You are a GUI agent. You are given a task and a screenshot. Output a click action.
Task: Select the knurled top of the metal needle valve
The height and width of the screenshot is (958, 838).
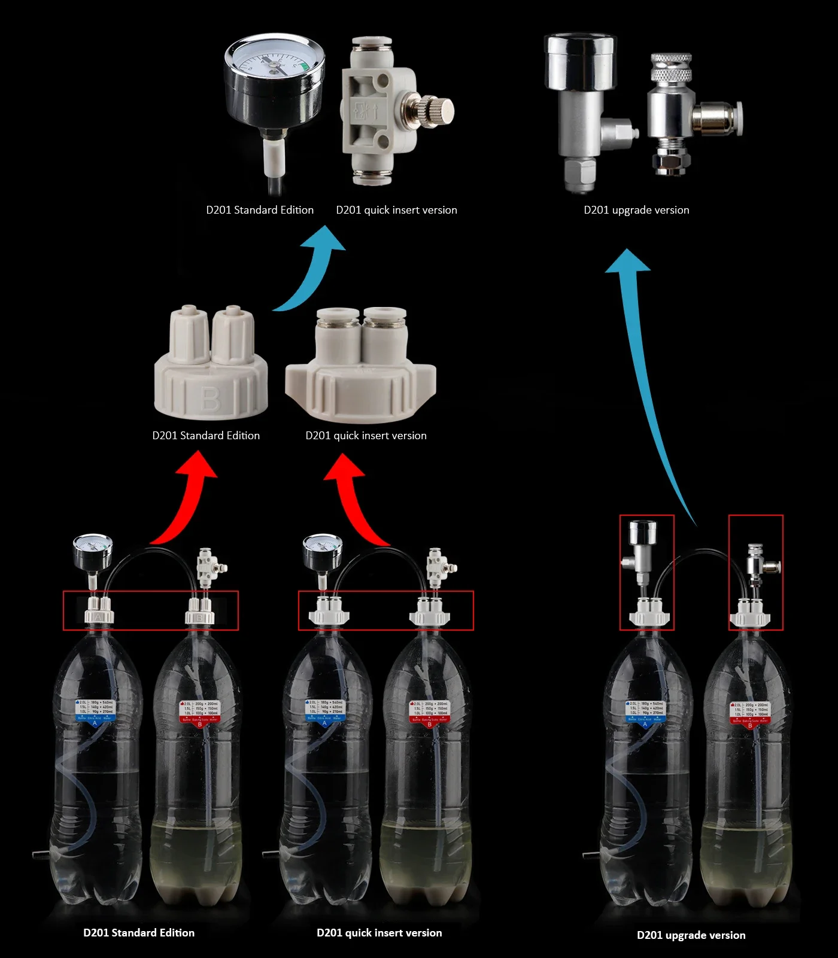[x=671, y=68]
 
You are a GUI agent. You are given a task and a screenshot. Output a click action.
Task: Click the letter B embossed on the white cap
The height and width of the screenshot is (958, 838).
[x=210, y=399]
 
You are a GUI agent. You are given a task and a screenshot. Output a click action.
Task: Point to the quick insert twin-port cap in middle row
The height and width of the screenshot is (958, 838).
[x=361, y=366]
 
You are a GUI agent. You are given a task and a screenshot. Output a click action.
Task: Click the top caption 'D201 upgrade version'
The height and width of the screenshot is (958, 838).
[x=636, y=210]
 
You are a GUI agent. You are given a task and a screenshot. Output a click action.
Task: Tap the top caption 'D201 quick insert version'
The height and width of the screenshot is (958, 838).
[x=396, y=210]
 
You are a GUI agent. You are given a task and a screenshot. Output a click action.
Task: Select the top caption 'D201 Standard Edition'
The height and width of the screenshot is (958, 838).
[x=260, y=210]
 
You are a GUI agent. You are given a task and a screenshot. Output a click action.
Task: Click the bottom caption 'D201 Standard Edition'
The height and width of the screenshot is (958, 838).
[x=139, y=933]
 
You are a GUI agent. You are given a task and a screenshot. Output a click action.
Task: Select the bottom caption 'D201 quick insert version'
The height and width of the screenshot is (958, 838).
[x=379, y=933]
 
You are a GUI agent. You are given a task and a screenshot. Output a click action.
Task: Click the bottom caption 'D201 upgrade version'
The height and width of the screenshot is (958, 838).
[x=691, y=935]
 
